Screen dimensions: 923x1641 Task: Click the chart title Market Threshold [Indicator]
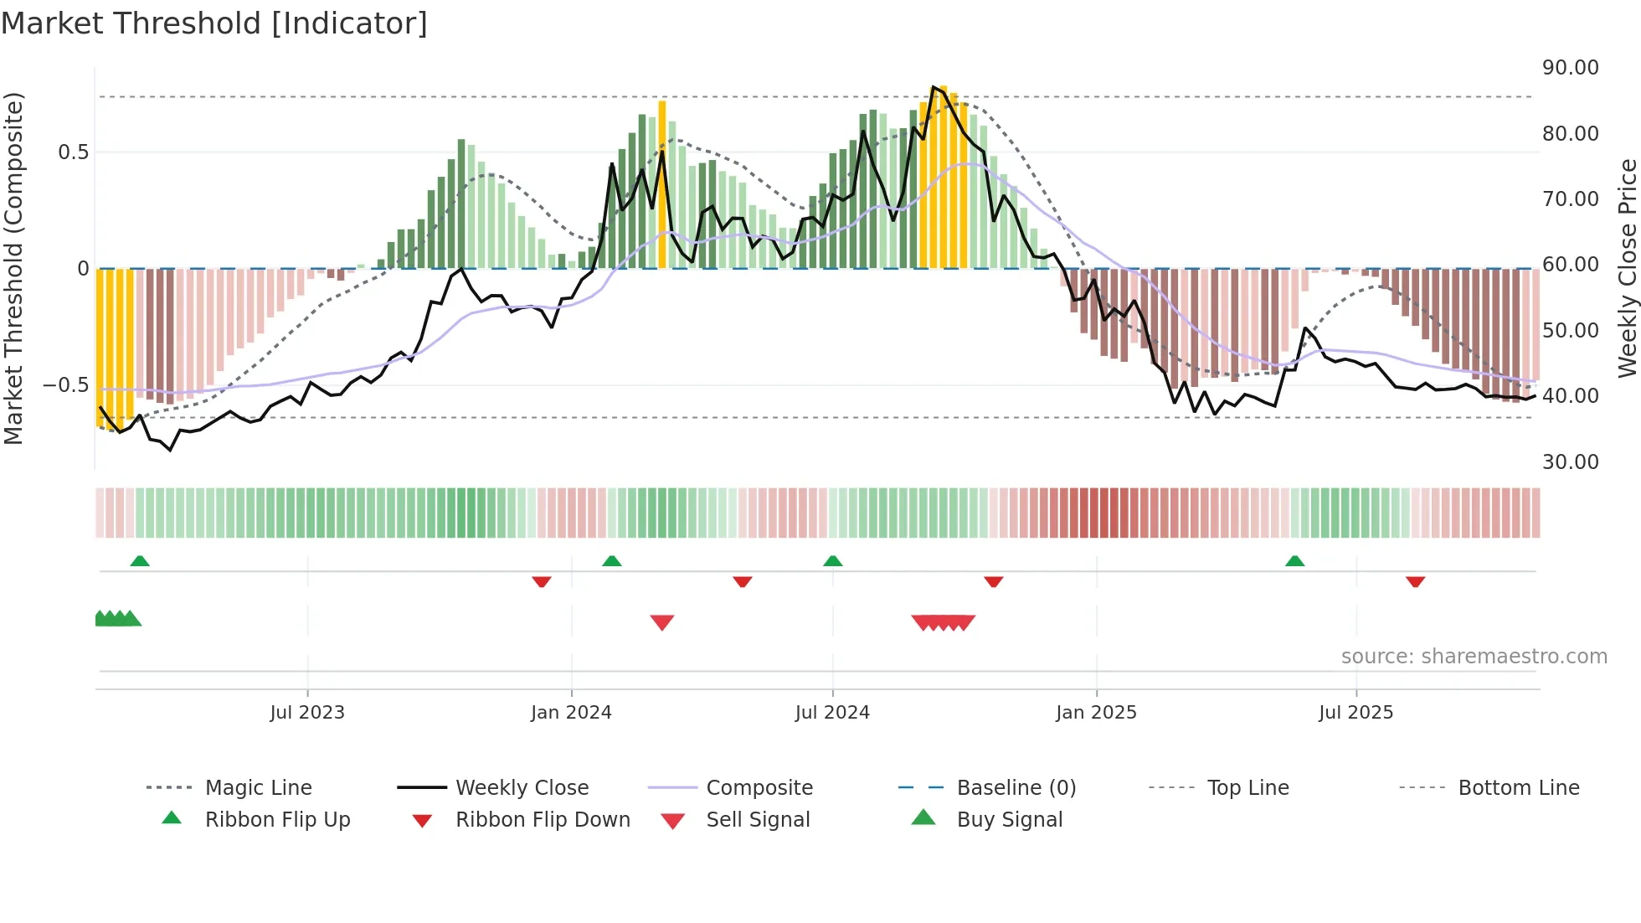214,23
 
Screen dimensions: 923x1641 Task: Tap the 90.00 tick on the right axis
1570,68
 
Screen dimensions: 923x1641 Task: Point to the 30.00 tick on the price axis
1570,462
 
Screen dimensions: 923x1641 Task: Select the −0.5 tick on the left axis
66,385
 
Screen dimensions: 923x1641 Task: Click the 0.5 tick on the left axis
73,152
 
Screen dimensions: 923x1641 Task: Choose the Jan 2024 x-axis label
571,713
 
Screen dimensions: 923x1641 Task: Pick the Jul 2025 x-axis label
1355,713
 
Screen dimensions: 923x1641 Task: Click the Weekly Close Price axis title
1627,268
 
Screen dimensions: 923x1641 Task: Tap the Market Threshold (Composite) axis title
13,268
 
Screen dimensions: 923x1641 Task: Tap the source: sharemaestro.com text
1474,657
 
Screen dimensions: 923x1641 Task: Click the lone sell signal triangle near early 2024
662,622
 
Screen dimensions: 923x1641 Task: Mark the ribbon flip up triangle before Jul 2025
1294,561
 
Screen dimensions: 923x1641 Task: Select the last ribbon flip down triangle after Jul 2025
1415,581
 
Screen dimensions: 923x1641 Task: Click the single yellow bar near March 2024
662,184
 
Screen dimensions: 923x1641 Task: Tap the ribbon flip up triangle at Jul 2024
832,561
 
